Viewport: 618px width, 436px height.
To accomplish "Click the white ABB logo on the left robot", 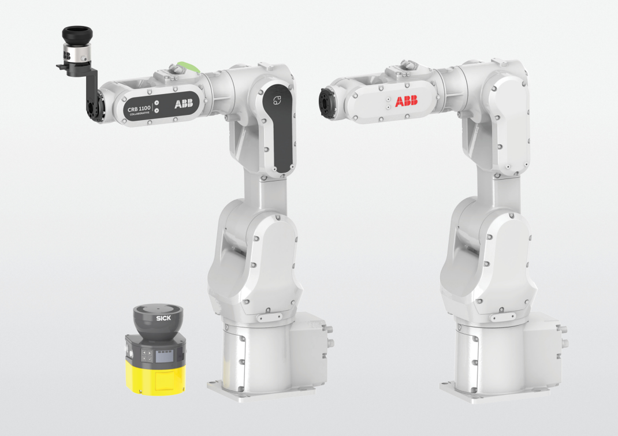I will pos(185,104).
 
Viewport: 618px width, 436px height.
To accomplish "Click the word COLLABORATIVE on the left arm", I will pos(139,114).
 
